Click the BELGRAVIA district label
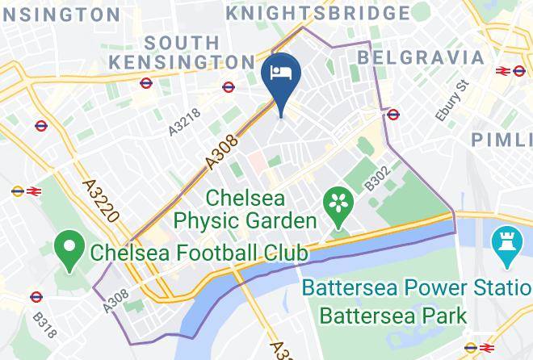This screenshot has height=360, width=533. tap(421, 57)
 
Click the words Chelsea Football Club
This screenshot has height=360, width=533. tap(199, 253)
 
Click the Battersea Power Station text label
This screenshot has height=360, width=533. tap(417, 287)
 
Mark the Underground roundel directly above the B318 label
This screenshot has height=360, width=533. tap(36, 297)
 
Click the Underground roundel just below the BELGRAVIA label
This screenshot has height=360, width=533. tap(393, 115)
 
